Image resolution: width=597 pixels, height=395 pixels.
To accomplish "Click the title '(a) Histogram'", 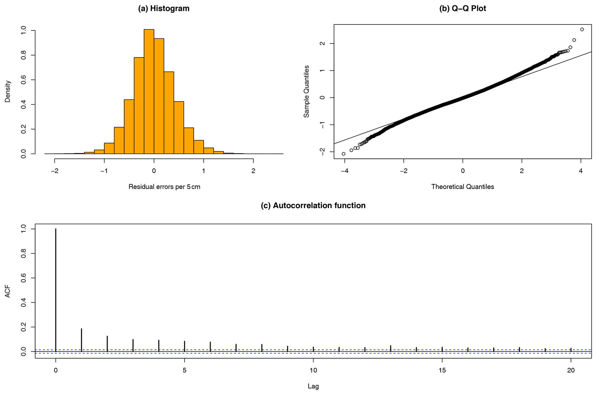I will (164, 9).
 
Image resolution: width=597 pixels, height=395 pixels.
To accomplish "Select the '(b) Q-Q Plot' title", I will (462, 9).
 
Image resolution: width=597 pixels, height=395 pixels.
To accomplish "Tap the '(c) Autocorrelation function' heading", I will (313, 206).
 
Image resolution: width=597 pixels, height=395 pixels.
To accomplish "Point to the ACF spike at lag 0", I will (56, 289).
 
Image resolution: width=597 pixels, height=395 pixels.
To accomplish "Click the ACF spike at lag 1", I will (81, 340).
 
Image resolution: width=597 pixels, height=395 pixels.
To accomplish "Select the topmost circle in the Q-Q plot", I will (582, 29).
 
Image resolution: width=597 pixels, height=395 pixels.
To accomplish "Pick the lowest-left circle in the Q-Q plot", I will (343, 154).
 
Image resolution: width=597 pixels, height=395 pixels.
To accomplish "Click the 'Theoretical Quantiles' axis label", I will (462, 187).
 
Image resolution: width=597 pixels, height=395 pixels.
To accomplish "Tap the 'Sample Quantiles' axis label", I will (306, 91).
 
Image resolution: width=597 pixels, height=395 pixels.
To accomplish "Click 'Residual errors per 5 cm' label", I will (164, 187).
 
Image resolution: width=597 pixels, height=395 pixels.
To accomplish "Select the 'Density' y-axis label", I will (8, 91).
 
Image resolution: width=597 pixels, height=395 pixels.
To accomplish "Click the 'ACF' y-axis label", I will (8, 291).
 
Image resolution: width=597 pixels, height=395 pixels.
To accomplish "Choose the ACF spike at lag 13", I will (390, 348).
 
